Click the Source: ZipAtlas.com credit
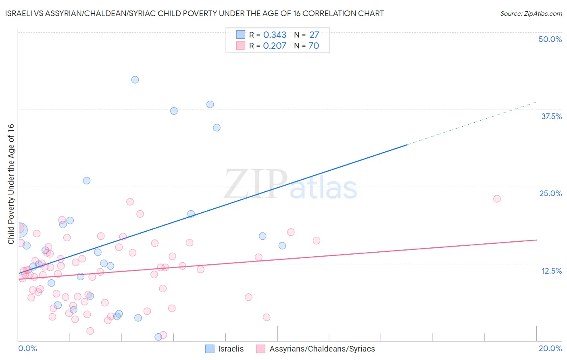(531, 13)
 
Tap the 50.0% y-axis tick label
(550, 39)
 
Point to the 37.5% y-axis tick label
(551, 116)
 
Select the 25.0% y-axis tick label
(550, 193)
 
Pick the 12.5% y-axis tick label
(551, 271)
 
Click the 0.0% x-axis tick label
(28, 348)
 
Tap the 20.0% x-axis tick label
(550, 348)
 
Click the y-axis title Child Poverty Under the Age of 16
(11, 184)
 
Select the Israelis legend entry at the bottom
(225, 349)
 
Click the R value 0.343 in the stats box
(275, 35)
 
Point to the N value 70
(314, 46)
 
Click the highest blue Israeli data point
(135, 80)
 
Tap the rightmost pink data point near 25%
(497, 199)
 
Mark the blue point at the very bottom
(158, 337)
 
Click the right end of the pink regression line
(536, 240)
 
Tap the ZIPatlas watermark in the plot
(290, 184)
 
